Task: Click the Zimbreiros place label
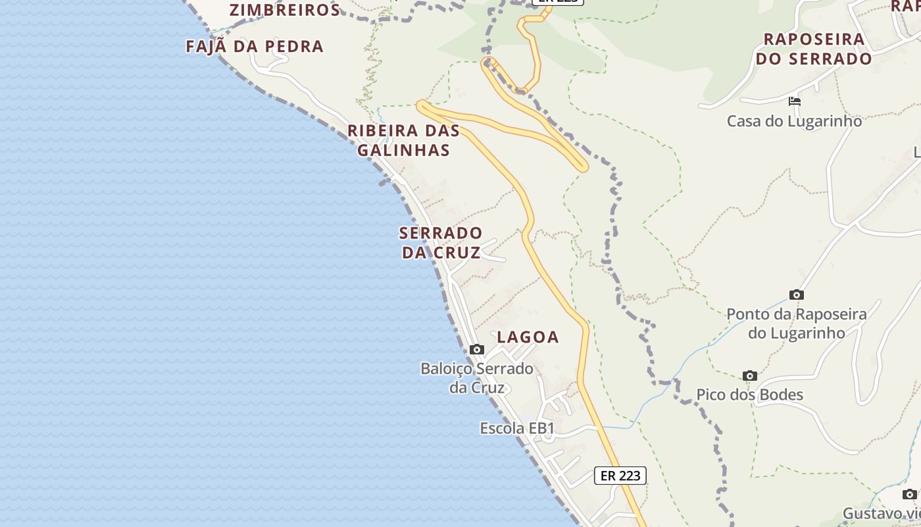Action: click(x=284, y=10)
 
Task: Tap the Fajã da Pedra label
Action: click(x=255, y=47)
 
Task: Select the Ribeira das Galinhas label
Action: click(x=403, y=140)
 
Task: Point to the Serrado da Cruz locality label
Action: click(x=441, y=242)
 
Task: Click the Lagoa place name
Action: click(x=528, y=337)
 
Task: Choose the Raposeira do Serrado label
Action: click(x=814, y=49)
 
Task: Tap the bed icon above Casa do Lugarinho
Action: click(x=795, y=101)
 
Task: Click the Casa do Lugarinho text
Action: click(x=794, y=121)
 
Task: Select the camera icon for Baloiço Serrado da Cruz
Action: click(x=477, y=349)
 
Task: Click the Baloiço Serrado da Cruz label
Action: click(x=477, y=377)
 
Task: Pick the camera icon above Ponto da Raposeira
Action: click(x=797, y=294)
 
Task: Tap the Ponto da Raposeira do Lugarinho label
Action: click(x=797, y=323)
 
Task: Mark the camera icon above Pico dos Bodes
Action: click(x=749, y=375)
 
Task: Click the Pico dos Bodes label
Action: click(x=750, y=395)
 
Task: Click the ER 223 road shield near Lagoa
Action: click(x=620, y=476)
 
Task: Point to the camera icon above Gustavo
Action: click(x=909, y=494)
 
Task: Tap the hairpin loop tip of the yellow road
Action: click(x=581, y=167)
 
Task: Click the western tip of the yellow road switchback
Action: click(x=420, y=103)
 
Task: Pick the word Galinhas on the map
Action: click(x=403, y=150)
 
